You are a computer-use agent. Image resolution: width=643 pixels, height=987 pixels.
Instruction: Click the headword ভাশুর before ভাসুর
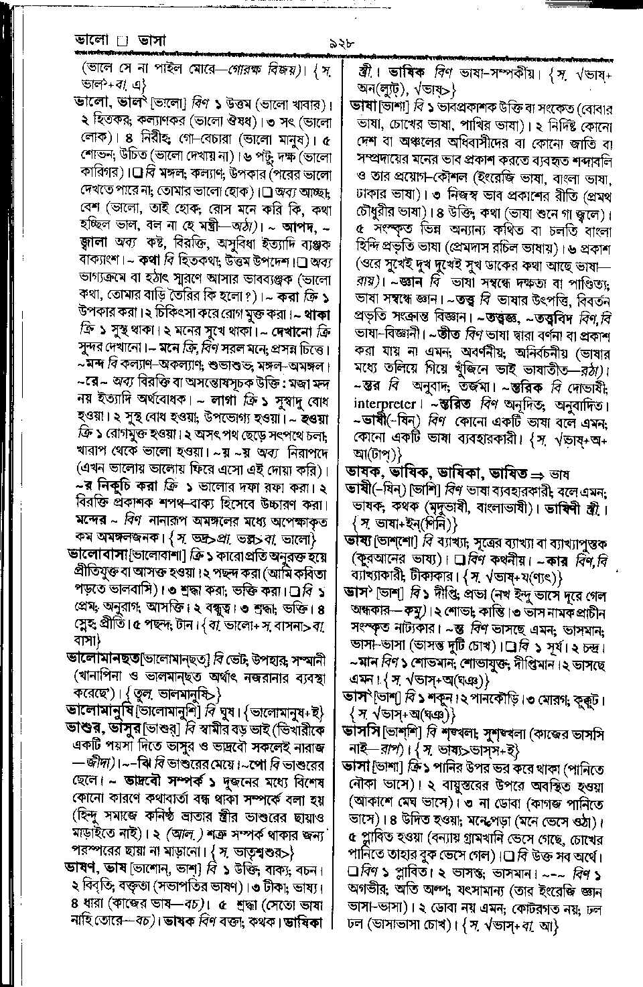(84, 726)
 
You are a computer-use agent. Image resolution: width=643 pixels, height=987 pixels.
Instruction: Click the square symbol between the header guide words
(121, 42)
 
